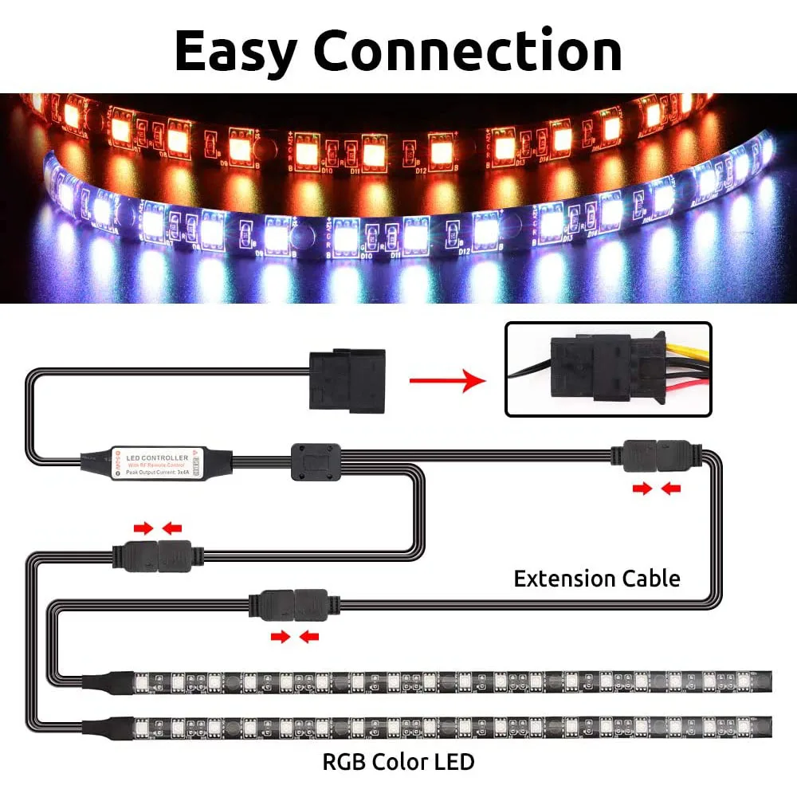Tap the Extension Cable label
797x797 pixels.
pyautogui.click(x=597, y=578)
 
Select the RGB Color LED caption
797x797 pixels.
pyautogui.click(x=398, y=761)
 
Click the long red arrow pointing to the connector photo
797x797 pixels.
pyautogui.click(x=447, y=380)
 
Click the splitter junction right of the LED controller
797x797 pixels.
pyautogui.click(x=316, y=461)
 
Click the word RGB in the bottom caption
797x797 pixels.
pyautogui.click(x=343, y=761)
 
